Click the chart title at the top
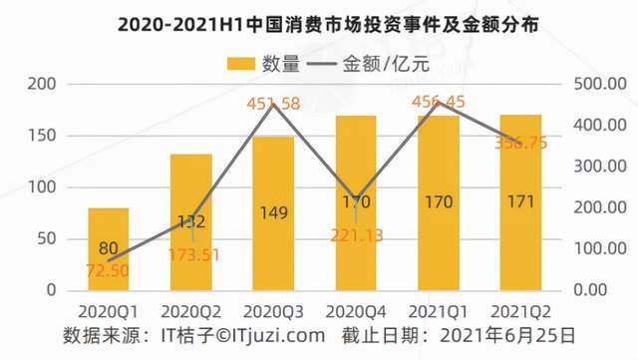click(328, 25)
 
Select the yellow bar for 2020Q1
click(109, 249)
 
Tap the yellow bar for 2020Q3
click(273, 213)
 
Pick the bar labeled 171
click(520, 202)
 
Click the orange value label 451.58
click(273, 104)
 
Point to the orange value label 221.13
click(357, 235)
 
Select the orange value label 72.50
click(108, 271)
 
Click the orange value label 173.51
click(193, 255)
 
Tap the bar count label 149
click(273, 212)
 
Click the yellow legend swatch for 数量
click(241, 64)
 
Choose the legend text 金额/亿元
click(386, 64)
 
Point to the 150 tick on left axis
click(42, 136)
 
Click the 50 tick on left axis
click(47, 239)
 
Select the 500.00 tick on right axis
click(600, 84)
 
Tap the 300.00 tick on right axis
click(600, 167)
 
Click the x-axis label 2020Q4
click(356, 312)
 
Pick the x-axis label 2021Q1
click(439, 312)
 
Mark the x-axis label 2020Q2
click(190, 312)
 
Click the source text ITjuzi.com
click(279, 336)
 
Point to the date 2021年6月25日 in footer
click(507, 335)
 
